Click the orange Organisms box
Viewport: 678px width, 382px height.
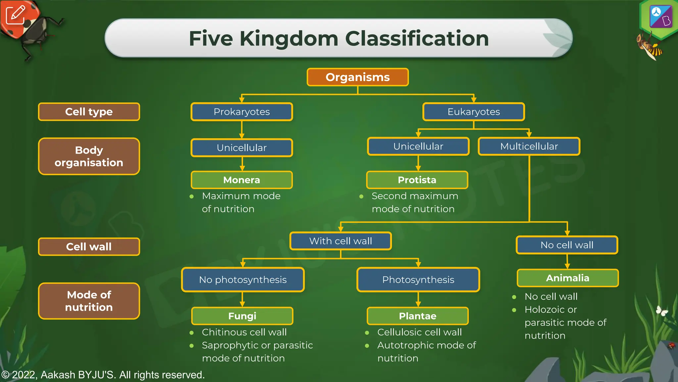[x=358, y=77]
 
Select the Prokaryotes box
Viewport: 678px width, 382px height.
[x=242, y=112]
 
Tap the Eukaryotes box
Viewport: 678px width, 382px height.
[x=473, y=112]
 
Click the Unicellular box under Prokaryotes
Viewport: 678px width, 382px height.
[x=242, y=148]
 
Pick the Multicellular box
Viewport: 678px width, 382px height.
[x=529, y=146]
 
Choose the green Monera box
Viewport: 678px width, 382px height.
[x=242, y=180]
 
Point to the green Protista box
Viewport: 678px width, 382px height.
[x=417, y=180]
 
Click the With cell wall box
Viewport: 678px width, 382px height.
[x=340, y=241]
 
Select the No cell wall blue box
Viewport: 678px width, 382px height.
[x=567, y=245]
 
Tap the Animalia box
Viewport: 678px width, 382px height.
[x=567, y=278]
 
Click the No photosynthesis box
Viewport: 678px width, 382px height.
[x=243, y=280]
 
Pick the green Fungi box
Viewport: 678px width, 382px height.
[x=242, y=316]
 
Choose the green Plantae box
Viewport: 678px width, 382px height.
[x=417, y=316]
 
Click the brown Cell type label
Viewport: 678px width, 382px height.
[x=89, y=112]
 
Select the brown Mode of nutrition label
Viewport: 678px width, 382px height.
[x=89, y=301]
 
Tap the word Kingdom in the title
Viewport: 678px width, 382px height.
[x=289, y=38]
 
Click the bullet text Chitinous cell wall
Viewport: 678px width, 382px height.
[x=244, y=332]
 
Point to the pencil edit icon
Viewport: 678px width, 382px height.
[x=15, y=15]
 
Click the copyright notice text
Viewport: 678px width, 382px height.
[x=103, y=375]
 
